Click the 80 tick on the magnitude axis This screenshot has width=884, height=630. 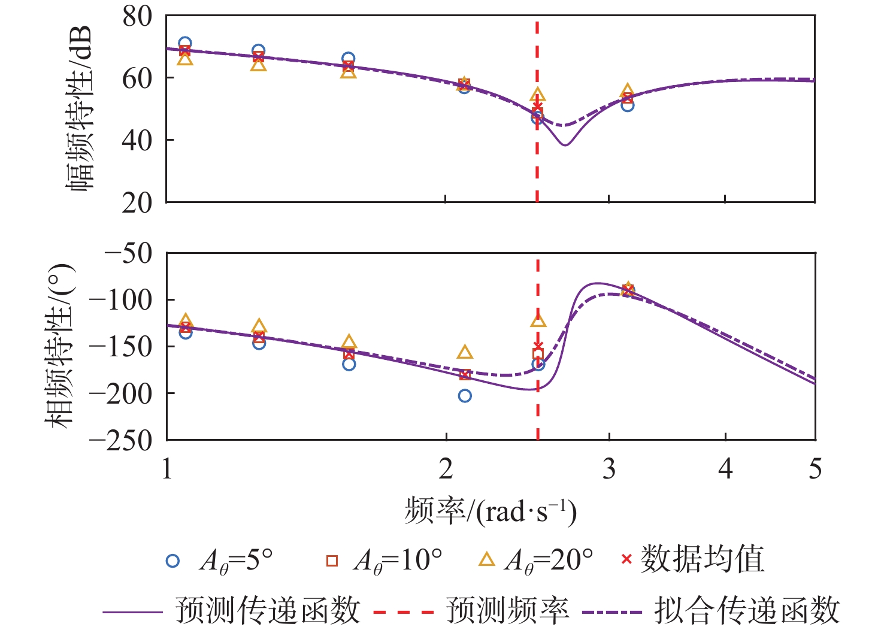(x=137, y=17)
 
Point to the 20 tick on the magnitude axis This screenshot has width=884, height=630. (x=137, y=203)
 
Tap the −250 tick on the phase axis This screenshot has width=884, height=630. (x=120, y=440)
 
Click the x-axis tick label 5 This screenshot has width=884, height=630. (x=815, y=469)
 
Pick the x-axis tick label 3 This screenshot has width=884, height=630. (x=609, y=469)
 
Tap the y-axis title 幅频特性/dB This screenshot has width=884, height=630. (x=79, y=108)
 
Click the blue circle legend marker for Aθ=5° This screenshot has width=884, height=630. (x=172, y=561)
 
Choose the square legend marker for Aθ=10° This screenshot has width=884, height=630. (x=332, y=561)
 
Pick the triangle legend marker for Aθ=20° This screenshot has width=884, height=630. (x=487, y=560)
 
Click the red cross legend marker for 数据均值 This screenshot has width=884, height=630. (x=626, y=560)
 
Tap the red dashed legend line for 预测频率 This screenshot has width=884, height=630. (x=402, y=612)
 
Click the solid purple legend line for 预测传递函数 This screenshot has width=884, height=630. (x=132, y=612)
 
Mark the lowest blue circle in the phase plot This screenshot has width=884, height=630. (x=465, y=396)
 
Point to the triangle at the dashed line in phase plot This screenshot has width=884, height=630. (x=538, y=320)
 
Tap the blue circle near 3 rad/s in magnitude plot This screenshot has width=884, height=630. (x=627, y=105)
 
